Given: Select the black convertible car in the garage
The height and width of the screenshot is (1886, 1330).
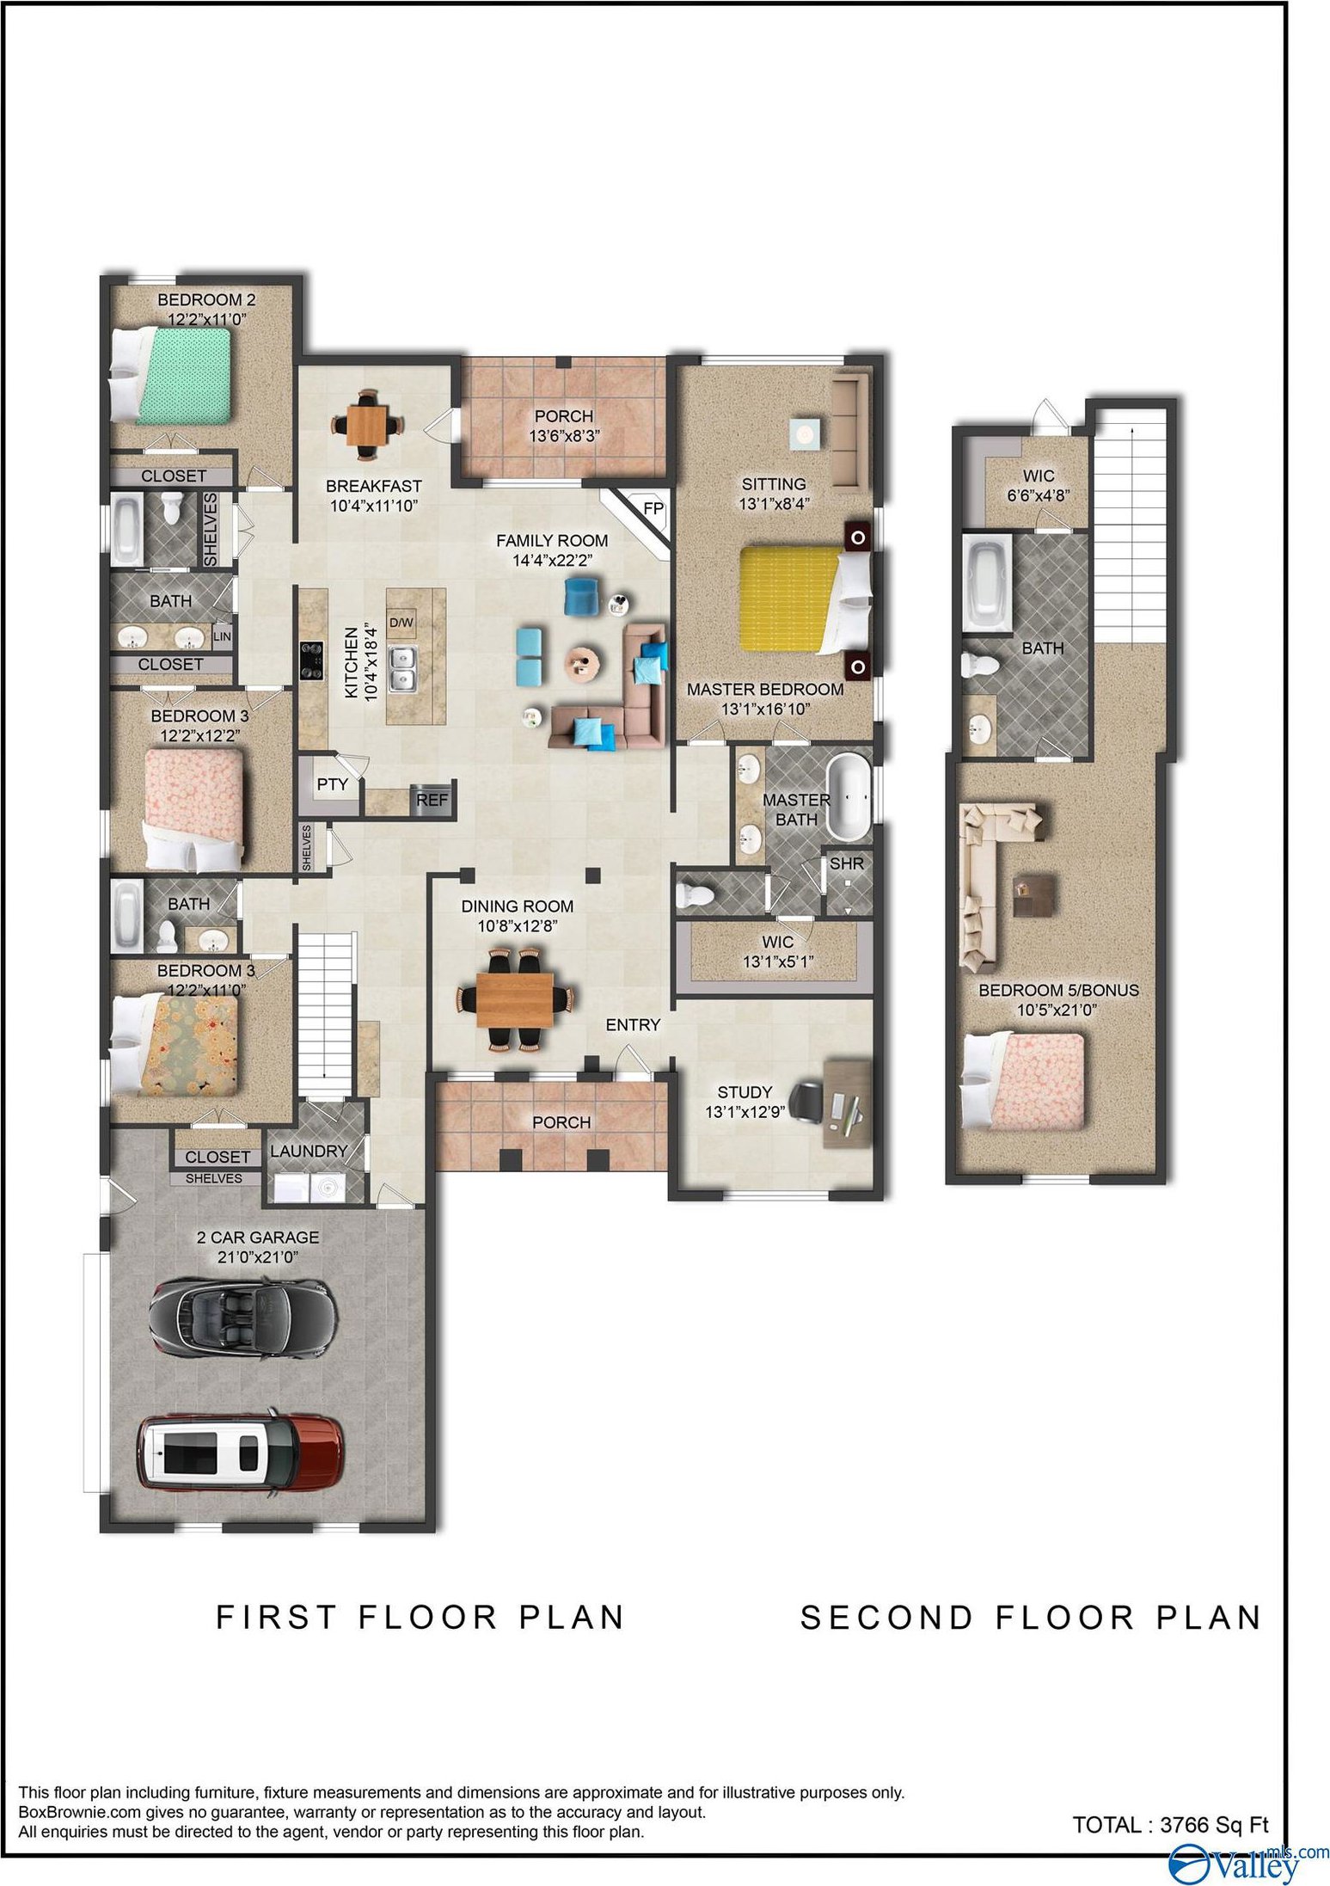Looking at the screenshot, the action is pyautogui.click(x=238, y=1319).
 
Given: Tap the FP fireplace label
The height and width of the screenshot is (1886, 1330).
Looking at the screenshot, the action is pyautogui.click(x=653, y=508).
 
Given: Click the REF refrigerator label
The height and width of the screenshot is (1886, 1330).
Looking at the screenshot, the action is pyautogui.click(x=432, y=800).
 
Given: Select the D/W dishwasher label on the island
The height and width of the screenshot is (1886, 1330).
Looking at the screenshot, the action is pyautogui.click(x=401, y=622).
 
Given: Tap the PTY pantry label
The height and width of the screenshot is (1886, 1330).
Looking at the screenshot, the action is pyautogui.click(x=332, y=783).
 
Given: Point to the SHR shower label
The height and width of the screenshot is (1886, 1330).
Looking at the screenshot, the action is pyautogui.click(x=846, y=863).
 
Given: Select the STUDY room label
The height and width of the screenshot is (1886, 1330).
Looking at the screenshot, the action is pyautogui.click(x=745, y=1091).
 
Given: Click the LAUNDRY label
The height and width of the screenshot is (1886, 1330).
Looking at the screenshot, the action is pyautogui.click(x=309, y=1151).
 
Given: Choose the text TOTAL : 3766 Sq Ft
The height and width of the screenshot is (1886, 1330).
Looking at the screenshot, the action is pyautogui.click(x=1170, y=1817).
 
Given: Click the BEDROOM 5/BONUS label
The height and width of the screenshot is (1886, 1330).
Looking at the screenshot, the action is pyautogui.click(x=1058, y=990).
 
